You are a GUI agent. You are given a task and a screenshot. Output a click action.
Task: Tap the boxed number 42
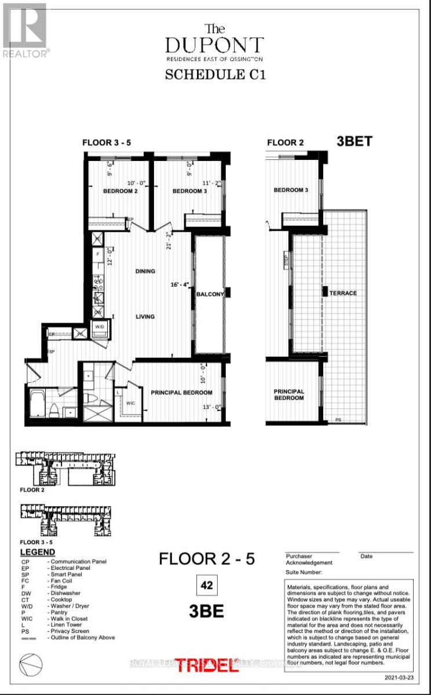click(206, 586)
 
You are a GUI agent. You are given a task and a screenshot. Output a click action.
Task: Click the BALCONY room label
click(210, 294)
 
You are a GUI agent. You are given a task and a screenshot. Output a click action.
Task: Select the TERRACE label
click(344, 293)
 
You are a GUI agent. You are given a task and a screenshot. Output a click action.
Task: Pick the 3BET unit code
click(354, 141)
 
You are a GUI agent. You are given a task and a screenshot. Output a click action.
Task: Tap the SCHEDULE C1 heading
click(216, 75)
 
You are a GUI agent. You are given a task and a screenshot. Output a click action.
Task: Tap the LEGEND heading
click(38, 553)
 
